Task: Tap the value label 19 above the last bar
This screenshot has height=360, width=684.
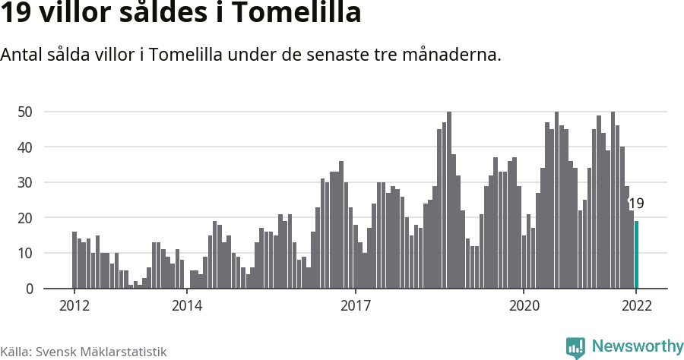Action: click(636, 204)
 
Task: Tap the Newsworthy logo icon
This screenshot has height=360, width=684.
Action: click(575, 347)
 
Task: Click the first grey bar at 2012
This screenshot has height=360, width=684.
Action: click(74, 261)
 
